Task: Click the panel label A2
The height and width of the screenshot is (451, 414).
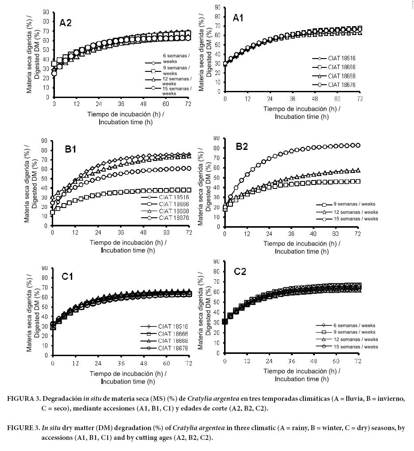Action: pyautogui.click(x=66, y=23)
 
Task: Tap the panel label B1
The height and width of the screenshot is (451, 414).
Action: pyautogui.click(x=71, y=149)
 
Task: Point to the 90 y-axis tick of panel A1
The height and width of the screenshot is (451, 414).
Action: pyautogui.click(x=218, y=7)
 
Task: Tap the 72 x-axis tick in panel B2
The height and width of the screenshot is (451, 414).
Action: pyautogui.click(x=358, y=234)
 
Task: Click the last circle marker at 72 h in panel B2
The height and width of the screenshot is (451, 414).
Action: pyautogui.click(x=358, y=145)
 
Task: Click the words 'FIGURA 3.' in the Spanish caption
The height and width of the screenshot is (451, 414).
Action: pyautogui.click(x=24, y=399)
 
